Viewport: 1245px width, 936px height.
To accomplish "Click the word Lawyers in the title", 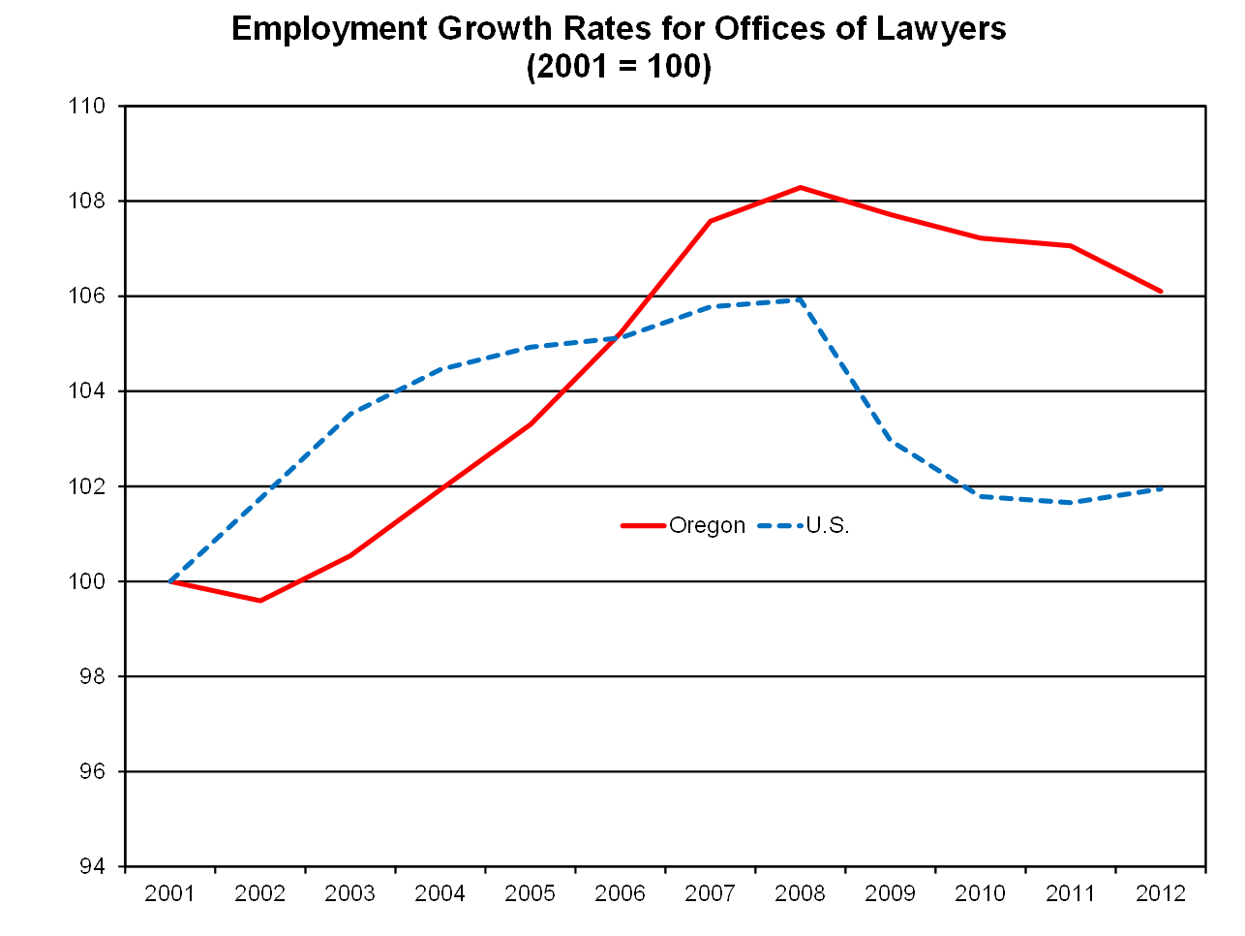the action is (940, 29).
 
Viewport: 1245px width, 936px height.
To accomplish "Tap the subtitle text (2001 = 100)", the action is (619, 67).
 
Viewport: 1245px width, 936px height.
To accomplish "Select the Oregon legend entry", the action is (683, 525).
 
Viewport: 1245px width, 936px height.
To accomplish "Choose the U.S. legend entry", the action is (804, 525).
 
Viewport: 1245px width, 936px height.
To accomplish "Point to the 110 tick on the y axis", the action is (87, 106).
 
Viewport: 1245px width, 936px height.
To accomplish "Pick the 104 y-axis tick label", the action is (87, 391).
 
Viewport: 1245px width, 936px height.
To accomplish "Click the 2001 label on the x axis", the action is (169, 893).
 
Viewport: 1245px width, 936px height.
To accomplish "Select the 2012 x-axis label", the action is (1161, 893).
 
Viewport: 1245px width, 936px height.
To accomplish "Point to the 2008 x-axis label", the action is (800, 893).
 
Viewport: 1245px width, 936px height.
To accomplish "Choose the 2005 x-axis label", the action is (530, 893).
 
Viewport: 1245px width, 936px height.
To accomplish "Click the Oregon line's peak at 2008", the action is (801, 187).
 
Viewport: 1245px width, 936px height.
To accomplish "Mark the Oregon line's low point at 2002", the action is (259, 601).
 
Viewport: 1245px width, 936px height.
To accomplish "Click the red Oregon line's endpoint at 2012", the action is (1161, 292).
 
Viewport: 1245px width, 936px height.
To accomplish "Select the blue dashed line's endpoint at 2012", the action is (1161, 488).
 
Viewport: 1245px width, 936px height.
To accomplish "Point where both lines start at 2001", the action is (170, 581).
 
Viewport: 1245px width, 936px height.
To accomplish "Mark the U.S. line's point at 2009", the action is (891, 440).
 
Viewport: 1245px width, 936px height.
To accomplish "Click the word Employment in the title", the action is (329, 29).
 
